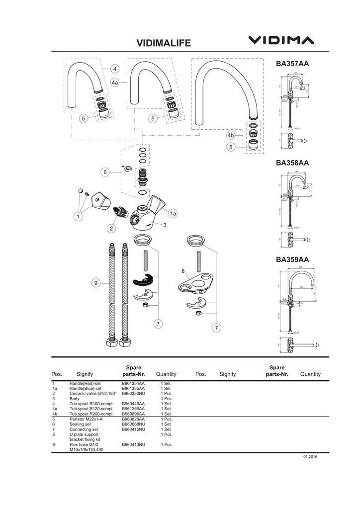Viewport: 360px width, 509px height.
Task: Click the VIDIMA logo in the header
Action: click(281, 40)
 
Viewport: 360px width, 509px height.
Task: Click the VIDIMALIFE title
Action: click(164, 44)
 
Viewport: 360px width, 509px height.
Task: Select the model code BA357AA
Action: click(292, 64)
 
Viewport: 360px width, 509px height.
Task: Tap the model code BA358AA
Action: click(292, 163)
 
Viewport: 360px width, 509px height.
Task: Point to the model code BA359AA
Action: click(292, 259)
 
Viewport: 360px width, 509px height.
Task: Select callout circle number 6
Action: click(105, 172)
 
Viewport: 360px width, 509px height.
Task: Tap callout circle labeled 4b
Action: click(231, 135)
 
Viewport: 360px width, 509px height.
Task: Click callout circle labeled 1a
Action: click(173, 213)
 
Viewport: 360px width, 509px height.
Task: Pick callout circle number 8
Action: click(183, 271)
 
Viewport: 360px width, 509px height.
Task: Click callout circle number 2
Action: click(111, 228)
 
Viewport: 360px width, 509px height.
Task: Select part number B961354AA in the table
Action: click(133, 384)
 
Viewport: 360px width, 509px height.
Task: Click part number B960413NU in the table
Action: click(133, 444)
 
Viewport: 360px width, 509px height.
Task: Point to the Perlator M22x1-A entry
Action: click(86, 419)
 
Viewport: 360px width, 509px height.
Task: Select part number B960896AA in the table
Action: click(133, 414)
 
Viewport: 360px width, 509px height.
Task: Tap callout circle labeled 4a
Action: click(115, 83)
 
